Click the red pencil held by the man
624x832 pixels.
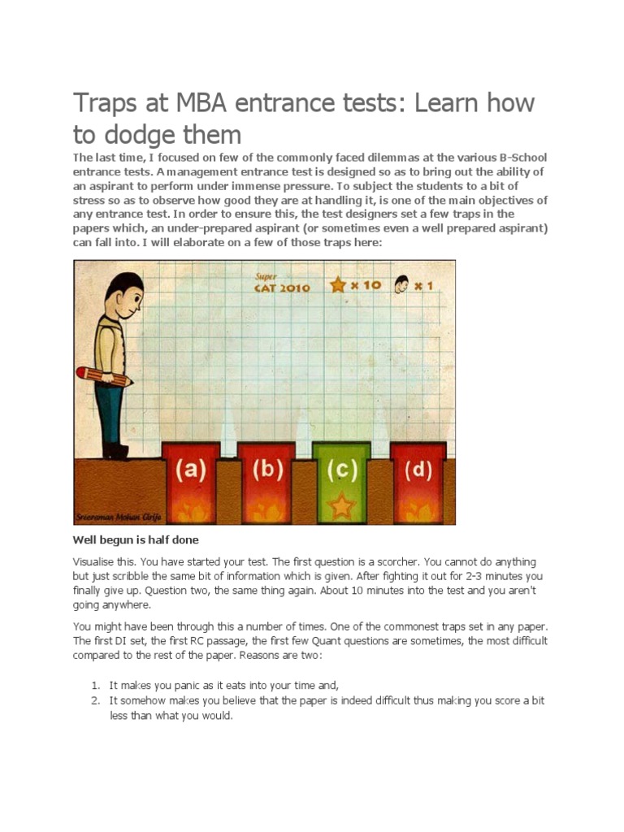(x=103, y=377)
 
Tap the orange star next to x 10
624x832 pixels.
(x=338, y=285)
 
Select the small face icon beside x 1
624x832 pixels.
(x=401, y=285)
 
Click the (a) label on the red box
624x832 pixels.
(x=191, y=470)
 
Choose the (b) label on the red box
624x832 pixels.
(x=266, y=470)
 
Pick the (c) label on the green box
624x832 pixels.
(x=341, y=470)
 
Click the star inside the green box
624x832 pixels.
(x=341, y=507)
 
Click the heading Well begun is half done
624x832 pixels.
(x=136, y=540)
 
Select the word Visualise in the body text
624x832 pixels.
(x=95, y=562)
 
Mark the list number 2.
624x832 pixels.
(x=95, y=700)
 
